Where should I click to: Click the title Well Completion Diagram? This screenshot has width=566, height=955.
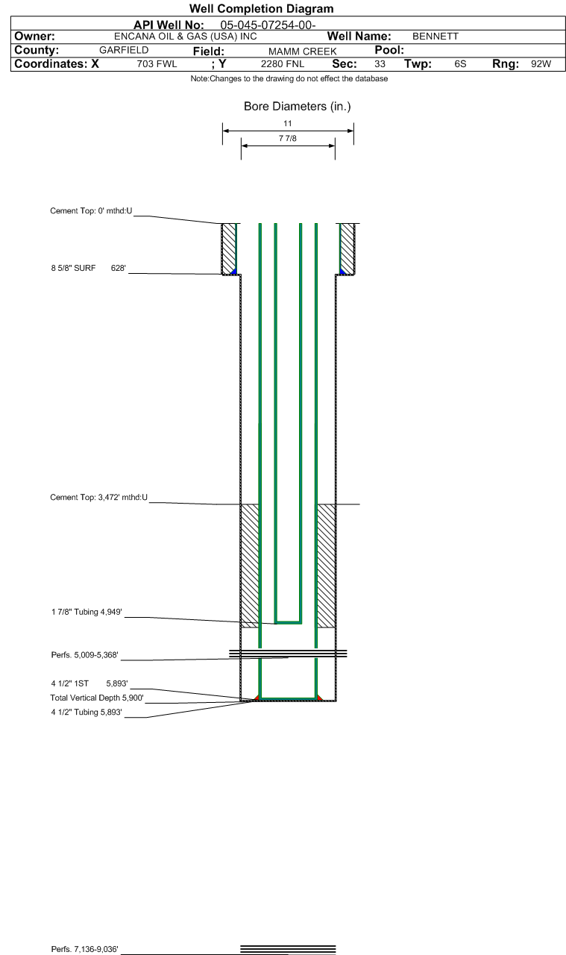pos(261,8)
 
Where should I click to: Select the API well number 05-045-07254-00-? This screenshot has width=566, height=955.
pos(268,25)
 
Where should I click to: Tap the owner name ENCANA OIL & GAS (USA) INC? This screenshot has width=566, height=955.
pos(186,37)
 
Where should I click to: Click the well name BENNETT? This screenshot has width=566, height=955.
pos(435,37)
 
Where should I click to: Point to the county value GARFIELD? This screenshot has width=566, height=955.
pos(124,50)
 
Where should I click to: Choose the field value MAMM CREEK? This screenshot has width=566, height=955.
pos(303,51)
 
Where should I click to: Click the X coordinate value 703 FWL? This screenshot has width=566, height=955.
pos(157,64)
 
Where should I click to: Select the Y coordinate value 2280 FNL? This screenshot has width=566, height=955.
pos(283,64)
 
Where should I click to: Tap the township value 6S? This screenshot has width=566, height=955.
pos(460,64)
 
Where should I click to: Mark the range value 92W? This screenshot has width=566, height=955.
pos(541,64)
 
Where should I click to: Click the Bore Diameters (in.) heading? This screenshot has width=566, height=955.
pos(297,106)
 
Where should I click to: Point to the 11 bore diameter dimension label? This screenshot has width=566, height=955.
pos(288,123)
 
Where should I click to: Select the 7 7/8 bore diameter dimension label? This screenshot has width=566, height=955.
pos(288,138)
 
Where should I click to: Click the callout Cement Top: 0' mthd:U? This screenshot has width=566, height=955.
pos(91,210)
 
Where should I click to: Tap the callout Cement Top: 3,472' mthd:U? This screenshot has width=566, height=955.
pos(99,497)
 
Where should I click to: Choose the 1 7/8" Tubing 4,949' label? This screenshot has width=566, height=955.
pos(87,612)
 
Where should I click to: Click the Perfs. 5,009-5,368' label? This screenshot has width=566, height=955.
pos(84,655)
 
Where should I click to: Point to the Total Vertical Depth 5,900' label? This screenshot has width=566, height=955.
pos(97,698)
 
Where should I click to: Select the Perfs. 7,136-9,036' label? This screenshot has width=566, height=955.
pos(84,949)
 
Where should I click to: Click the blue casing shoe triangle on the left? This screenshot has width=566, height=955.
pos(234,272)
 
